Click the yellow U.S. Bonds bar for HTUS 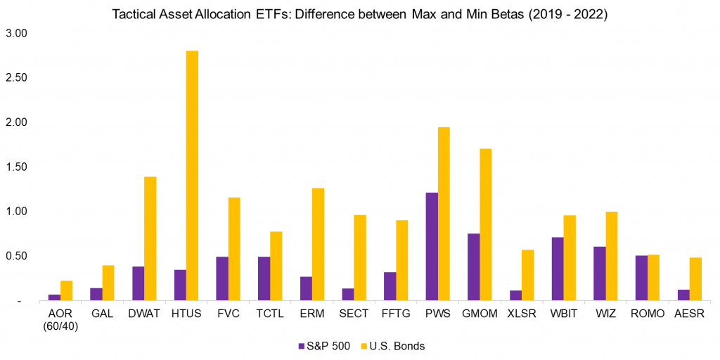click(192, 176)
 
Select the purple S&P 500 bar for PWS click(432, 246)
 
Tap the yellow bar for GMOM click(485, 224)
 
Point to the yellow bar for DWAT click(150, 238)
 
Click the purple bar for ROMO click(641, 278)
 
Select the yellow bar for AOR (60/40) click(66, 290)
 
